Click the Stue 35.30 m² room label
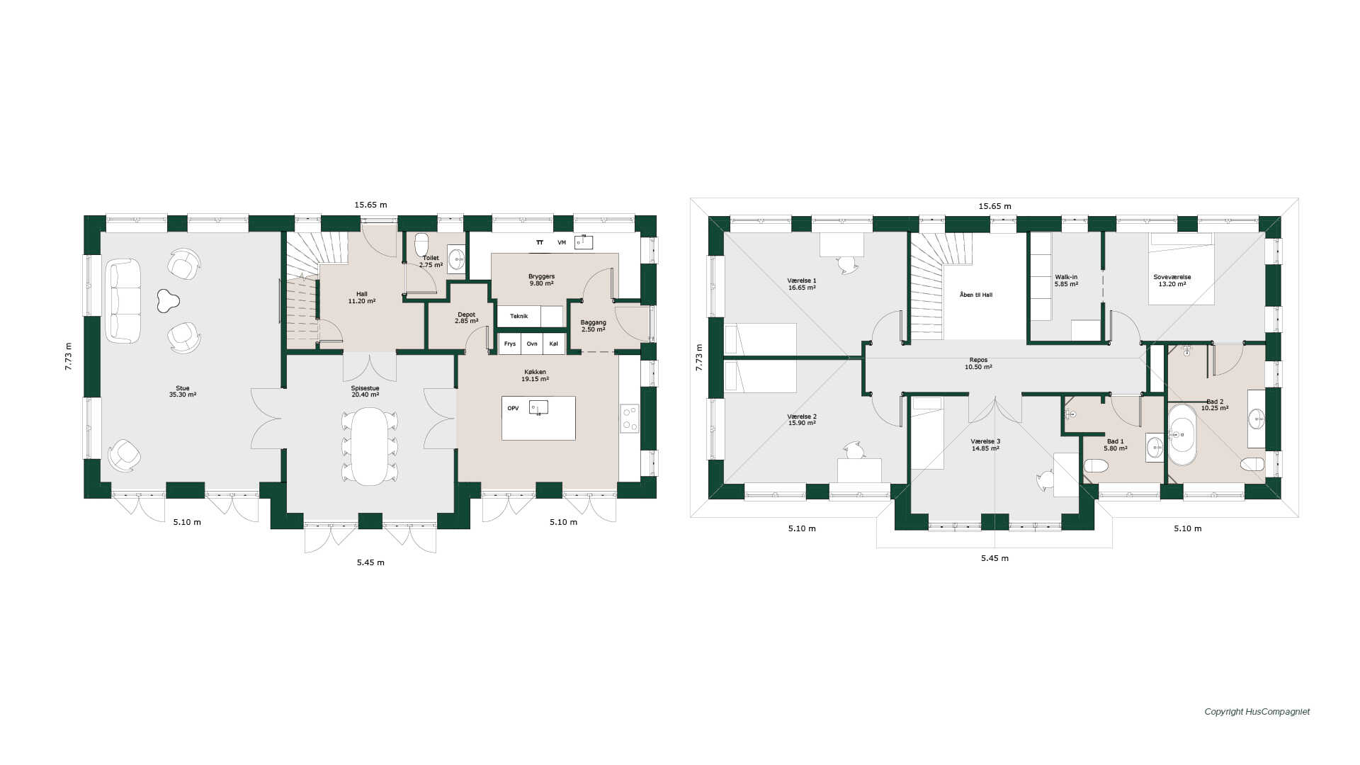[183, 391]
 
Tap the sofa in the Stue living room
[123, 301]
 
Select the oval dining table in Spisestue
[370, 446]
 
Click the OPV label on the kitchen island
[513, 408]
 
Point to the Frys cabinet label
[510, 344]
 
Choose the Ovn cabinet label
[532, 344]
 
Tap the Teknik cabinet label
[519, 316]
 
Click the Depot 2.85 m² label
[466, 317]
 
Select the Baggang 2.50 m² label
[594, 326]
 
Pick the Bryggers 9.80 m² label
[541, 280]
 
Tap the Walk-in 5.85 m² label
[1066, 280]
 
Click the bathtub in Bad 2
[1181, 434]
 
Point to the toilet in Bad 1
[1096, 465]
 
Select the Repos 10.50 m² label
[978, 363]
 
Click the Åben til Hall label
[976, 295]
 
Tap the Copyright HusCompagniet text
[1257, 712]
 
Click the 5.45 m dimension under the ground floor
[370, 562]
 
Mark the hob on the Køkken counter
[629, 418]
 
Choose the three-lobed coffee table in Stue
[168, 300]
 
